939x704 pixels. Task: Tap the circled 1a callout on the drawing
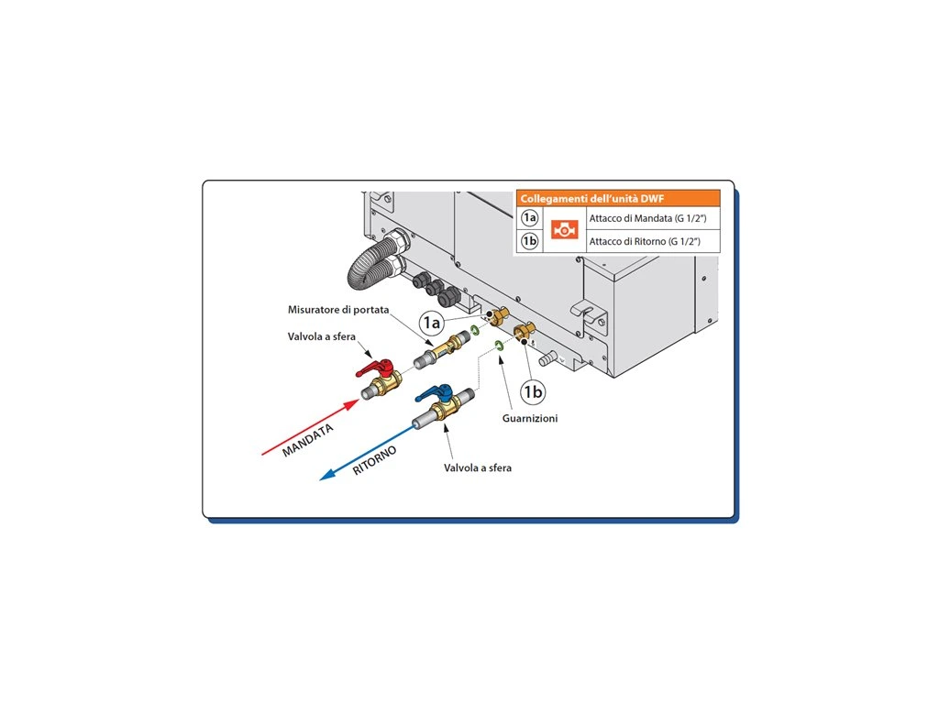click(x=432, y=322)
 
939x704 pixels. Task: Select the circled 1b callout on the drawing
click(x=533, y=392)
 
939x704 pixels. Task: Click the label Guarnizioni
click(x=530, y=418)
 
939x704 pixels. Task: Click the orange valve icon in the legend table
click(x=563, y=230)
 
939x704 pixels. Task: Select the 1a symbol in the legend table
click(x=529, y=218)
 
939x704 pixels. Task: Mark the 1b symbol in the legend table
click(x=529, y=241)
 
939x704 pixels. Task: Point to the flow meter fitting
click(x=447, y=347)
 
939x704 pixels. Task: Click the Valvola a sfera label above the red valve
click(x=322, y=336)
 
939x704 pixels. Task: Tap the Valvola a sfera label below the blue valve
click(x=478, y=467)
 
